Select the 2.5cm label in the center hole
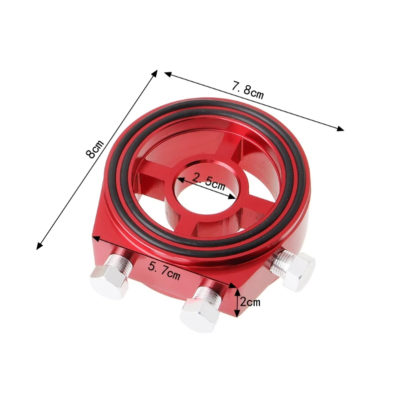[208, 181]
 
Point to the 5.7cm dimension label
[164, 271]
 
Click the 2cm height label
[250, 302]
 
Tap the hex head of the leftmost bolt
[109, 281]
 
